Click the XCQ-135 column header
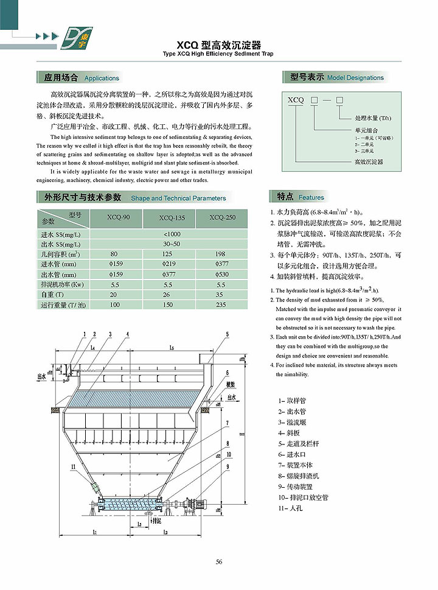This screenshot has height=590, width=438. (170, 217)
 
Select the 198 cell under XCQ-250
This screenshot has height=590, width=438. (220, 253)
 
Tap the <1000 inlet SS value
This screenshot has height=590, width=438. (172, 234)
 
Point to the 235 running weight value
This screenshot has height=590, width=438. (220, 304)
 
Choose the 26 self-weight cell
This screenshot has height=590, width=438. (169, 294)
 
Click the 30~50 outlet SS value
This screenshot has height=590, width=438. (172, 244)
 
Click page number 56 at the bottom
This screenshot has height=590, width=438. (218, 561)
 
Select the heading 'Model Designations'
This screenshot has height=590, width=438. (355, 78)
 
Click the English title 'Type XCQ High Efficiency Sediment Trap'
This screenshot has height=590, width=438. (218, 54)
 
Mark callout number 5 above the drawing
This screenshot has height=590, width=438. (227, 334)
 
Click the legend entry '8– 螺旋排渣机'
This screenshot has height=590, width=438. (299, 476)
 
